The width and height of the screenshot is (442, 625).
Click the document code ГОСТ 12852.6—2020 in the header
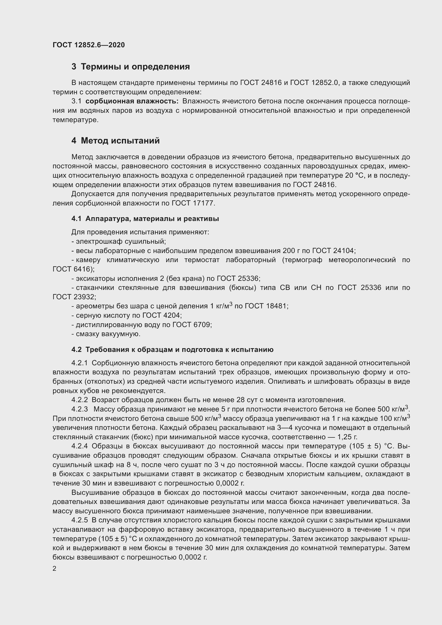tap(89, 45)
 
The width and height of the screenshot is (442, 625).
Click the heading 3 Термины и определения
tap(131, 67)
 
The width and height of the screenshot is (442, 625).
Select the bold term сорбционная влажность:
tap(132, 101)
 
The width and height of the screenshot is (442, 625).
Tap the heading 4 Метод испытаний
tap(116, 141)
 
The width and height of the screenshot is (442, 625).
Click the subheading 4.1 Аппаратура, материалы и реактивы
tap(145, 219)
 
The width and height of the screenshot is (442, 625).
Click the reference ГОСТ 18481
tap(266, 306)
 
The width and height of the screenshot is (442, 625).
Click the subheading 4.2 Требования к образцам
tap(172, 350)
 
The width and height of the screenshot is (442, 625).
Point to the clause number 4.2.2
tap(79, 400)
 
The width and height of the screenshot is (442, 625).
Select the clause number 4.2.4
tap(79, 446)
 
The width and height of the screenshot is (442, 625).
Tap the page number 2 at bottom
tap(55, 569)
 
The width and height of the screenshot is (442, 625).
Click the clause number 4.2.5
tap(79, 520)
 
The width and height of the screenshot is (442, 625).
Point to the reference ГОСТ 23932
tap(73, 297)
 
